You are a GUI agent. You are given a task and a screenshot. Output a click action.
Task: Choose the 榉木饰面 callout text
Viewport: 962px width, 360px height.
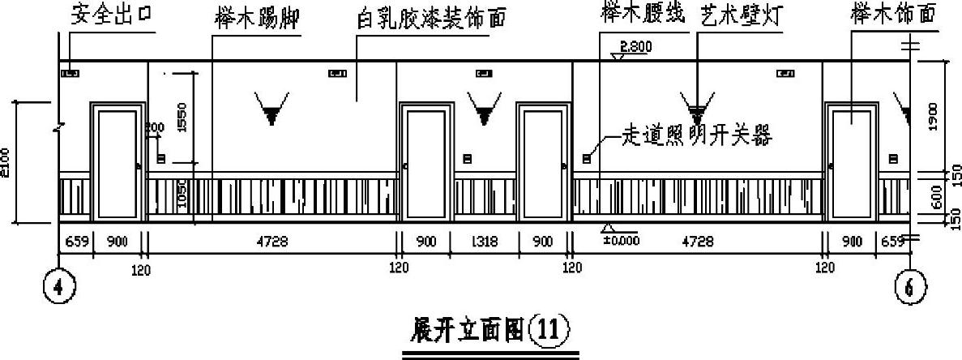891,14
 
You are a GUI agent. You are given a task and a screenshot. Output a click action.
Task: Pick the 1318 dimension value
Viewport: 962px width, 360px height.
484,242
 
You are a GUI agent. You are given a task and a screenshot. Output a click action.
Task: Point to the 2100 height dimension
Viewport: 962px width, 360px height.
7,161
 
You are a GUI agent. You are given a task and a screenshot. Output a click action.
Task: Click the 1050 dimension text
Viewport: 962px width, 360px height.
182,195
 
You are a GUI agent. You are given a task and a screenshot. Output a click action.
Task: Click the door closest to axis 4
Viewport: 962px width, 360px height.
117,163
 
